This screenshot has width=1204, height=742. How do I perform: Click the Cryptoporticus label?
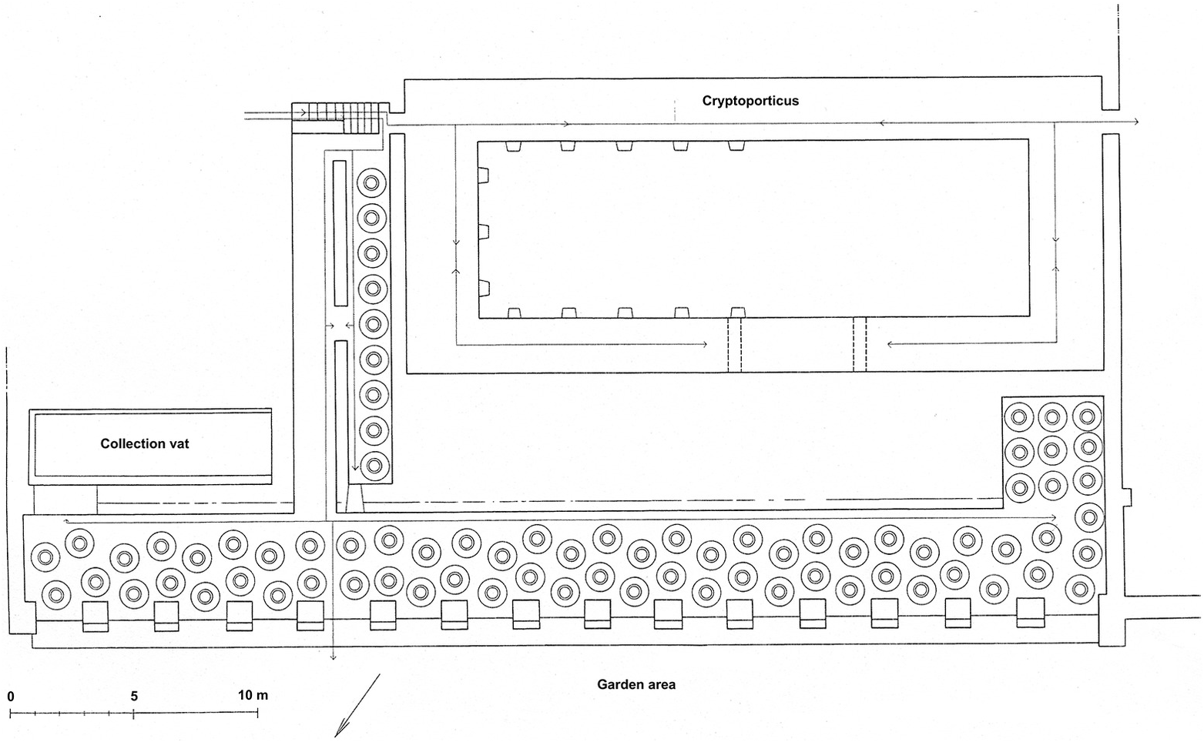pyautogui.click(x=750, y=101)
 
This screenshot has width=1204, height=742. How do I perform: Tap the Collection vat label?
pyautogui.click(x=145, y=443)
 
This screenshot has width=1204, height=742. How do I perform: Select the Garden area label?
pyautogui.click(x=636, y=684)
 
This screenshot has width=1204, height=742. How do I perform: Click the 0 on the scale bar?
pyautogui.click(x=11, y=697)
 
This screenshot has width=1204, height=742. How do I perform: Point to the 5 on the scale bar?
pyautogui.click(x=134, y=697)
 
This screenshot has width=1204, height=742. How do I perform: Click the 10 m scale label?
pyautogui.click(x=253, y=696)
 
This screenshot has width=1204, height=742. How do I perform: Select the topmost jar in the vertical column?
pyautogui.click(x=372, y=184)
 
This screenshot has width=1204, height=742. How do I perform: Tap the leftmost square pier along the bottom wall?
pyautogui.click(x=96, y=615)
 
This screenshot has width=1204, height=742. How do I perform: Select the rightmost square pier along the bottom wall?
pyautogui.click(x=1030, y=613)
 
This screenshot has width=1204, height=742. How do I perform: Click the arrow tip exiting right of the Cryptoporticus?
pyautogui.click(x=1137, y=122)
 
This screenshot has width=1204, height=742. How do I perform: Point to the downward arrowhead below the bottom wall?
pyautogui.click(x=333, y=657)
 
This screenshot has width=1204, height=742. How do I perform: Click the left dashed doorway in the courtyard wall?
pyautogui.click(x=734, y=344)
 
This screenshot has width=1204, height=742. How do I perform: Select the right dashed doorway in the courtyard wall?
pyautogui.click(x=860, y=344)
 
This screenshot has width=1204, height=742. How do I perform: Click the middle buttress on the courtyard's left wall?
pyautogui.click(x=483, y=232)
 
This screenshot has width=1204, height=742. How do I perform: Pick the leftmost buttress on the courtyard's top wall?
pyautogui.click(x=511, y=145)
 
